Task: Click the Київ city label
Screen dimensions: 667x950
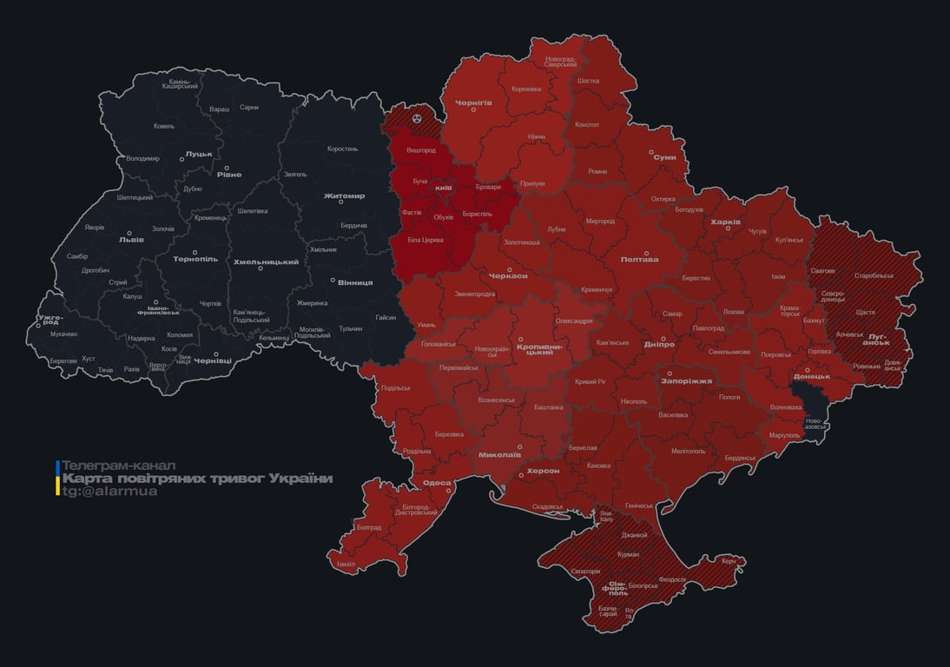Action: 443,188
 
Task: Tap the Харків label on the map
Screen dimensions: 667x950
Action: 726,221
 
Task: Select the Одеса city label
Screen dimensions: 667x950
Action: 437,483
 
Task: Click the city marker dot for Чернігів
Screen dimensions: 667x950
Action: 473,109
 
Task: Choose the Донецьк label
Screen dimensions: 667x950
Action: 812,376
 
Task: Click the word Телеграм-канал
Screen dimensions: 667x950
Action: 119,466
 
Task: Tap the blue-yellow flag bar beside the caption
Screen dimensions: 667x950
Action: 58,479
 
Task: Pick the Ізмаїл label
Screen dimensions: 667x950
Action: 346,564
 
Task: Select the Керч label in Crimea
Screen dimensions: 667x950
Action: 729,561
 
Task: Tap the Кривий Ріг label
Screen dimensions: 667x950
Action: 590,381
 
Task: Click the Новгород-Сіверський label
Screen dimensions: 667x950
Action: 560,62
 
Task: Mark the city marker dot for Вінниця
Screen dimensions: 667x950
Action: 333,280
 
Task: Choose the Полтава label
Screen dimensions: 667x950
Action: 639,259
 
